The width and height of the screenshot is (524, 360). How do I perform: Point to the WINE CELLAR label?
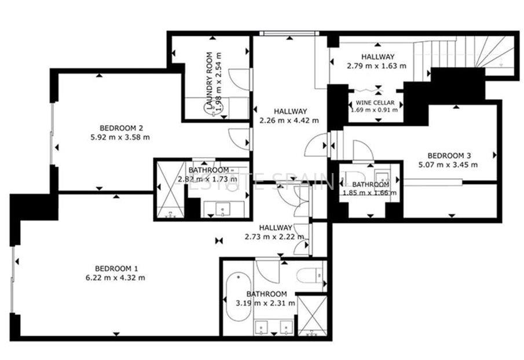pyautogui.click(x=375, y=102)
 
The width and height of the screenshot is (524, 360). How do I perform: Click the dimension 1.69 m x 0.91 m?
pyautogui.click(x=375, y=109)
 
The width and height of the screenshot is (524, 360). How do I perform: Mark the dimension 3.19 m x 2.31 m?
pyautogui.click(x=266, y=303)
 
